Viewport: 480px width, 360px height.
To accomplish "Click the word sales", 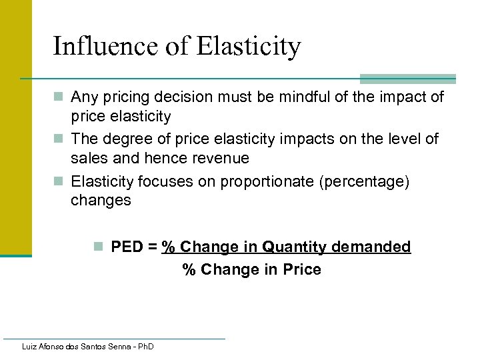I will click(88, 159).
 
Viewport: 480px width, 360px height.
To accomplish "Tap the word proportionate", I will click(242, 181).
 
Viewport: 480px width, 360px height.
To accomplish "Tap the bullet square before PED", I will click(99, 247).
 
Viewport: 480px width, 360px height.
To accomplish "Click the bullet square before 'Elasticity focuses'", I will click(59, 181).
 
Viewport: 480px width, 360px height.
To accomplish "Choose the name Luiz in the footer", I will click(30, 347).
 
